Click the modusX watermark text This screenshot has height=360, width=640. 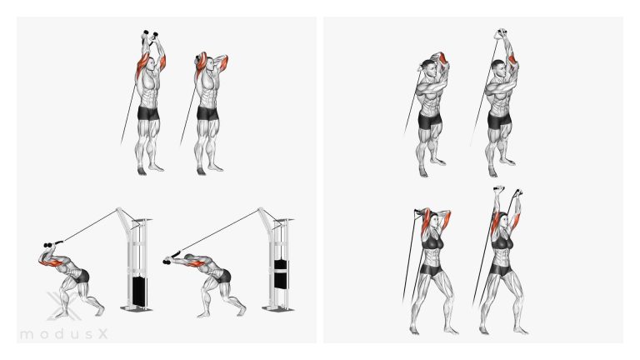(63, 335)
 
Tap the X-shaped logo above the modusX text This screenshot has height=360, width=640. (61, 305)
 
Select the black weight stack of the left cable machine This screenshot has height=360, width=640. (139, 292)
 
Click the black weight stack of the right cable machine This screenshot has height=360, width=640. (280, 273)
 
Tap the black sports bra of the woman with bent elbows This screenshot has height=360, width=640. (432, 243)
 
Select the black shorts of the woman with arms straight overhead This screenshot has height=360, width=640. (500, 270)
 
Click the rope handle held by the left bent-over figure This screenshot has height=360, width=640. (53, 244)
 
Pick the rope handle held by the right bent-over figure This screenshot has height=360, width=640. (172, 258)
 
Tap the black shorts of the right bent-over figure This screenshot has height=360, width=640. (224, 277)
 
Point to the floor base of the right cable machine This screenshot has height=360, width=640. (278, 308)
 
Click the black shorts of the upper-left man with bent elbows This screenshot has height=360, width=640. (207, 112)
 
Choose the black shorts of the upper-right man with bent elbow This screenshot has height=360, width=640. (430, 120)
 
